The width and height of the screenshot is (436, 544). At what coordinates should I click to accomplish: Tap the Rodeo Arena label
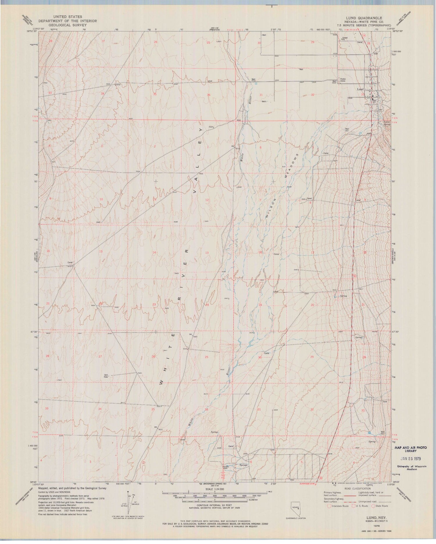pyautogui.click(x=343, y=80)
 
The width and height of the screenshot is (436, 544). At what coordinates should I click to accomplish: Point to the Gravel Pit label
pyautogui.click(x=345, y=39)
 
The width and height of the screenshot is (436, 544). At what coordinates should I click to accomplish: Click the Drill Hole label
pyautogui.click(x=106, y=376)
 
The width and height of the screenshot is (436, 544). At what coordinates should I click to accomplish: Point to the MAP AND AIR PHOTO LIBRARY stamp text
pyautogui.click(x=410, y=449)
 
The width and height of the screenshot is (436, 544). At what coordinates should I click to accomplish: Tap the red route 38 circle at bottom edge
pyautogui.click(x=321, y=478)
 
